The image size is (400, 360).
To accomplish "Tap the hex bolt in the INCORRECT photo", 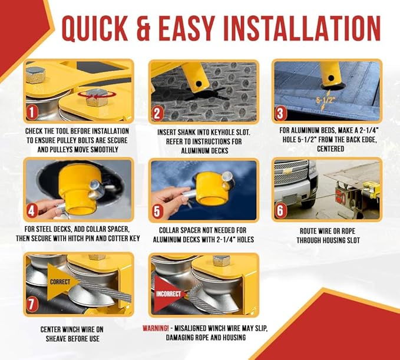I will pos(221,260).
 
